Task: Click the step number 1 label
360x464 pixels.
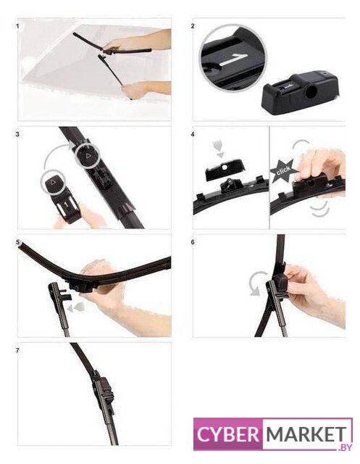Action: point(17,26)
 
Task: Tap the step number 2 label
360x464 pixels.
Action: point(193,26)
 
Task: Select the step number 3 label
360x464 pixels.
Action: point(17,134)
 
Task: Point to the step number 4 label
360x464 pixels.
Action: point(193,134)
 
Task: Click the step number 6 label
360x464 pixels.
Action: point(193,242)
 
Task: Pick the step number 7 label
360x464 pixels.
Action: point(17,350)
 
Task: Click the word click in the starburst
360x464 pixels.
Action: point(282,171)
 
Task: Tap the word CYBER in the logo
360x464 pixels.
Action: point(227,434)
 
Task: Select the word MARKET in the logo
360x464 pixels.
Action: point(306,434)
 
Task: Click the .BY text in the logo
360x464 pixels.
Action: point(345,447)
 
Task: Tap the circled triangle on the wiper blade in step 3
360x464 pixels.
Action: point(87,155)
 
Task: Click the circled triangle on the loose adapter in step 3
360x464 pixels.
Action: point(53,182)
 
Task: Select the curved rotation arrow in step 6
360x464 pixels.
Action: point(254,283)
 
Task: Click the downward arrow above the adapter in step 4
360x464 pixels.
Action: point(219,149)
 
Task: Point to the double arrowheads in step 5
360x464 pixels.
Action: point(76,307)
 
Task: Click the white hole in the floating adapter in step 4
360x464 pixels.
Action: point(225,167)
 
